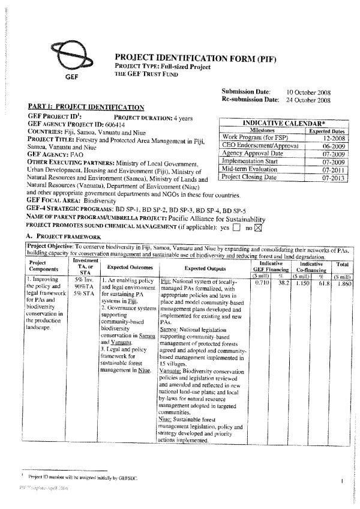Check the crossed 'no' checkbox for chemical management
pos(259,227)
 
